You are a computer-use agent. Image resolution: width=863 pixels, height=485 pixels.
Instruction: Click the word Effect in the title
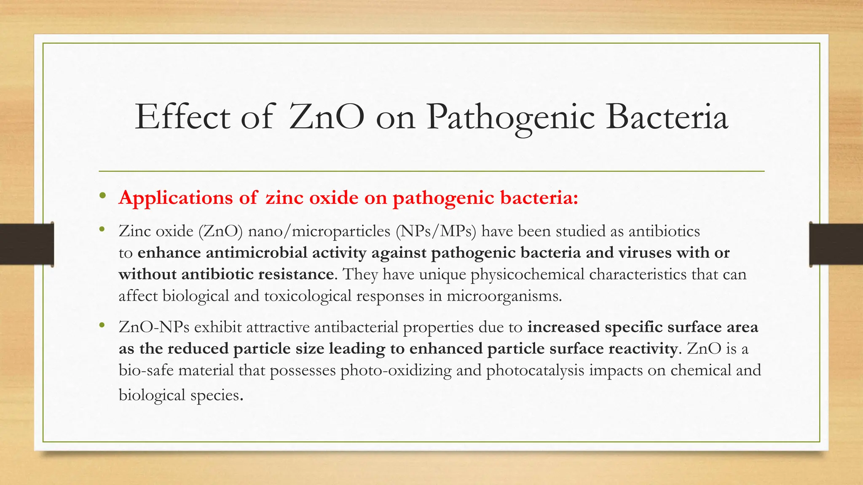(x=182, y=117)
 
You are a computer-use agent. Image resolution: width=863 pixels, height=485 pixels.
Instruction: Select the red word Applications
(x=175, y=198)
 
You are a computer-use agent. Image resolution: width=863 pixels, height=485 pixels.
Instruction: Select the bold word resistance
(x=297, y=274)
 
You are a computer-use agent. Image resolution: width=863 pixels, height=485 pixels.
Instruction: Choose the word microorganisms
(x=504, y=296)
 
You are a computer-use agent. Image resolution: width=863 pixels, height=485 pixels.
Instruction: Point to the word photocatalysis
(x=535, y=370)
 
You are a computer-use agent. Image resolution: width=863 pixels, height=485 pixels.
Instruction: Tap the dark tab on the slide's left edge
(x=27, y=244)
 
